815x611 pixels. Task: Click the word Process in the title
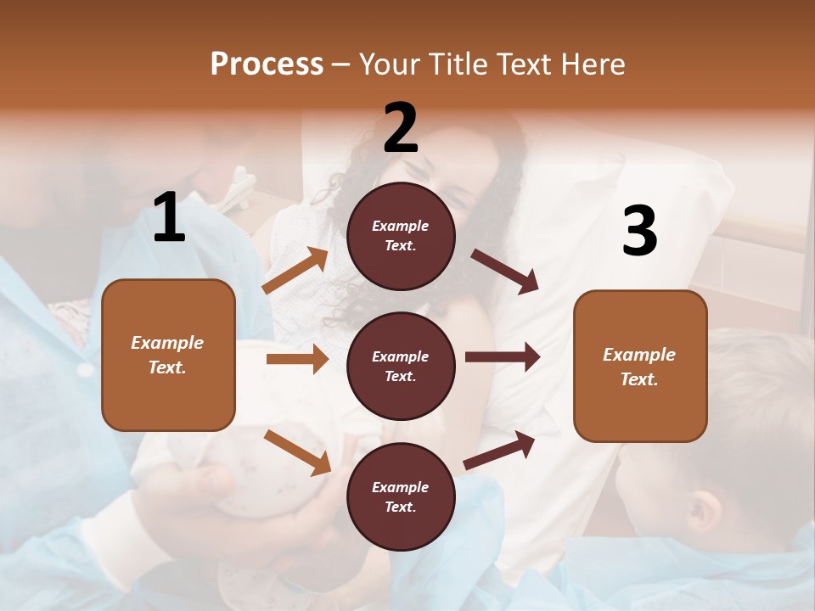(x=267, y=64)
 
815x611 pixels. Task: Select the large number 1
(x=169, y=217)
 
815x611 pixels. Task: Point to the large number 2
(x=401, y=127)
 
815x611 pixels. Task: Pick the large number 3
(x=639, y=231)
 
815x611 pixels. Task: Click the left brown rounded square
(x=168, y=355)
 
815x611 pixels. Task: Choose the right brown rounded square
(x=640, y=366)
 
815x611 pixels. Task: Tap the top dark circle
(x=401, y=236)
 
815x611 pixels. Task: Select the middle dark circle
(x=401, y=366)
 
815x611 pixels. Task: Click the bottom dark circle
(x=401, y=496)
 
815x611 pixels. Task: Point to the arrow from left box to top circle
(x=295, y=271)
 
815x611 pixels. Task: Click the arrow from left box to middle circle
(x=297, y=359)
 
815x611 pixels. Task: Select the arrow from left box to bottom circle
(x=297, y=451)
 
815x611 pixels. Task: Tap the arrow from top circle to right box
(x=505, y=271)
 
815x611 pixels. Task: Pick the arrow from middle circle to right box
(x=502, y=357)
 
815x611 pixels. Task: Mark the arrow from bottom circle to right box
(x=500, y=450)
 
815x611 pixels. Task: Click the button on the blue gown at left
(x=84, y=370)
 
